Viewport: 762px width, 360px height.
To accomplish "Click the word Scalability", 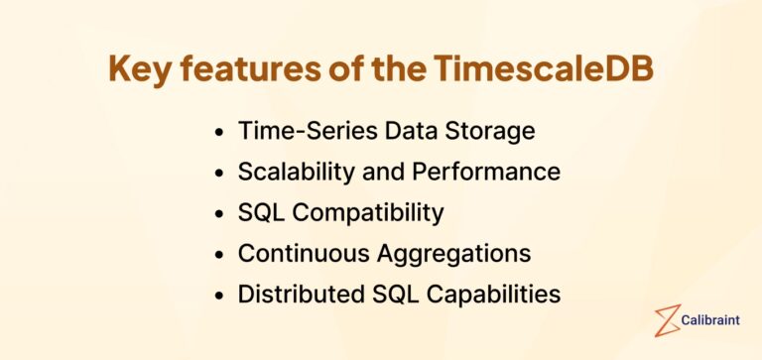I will click(x=295, y=172).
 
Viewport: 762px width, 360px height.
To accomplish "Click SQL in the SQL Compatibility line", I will click(x=260, y=212).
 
